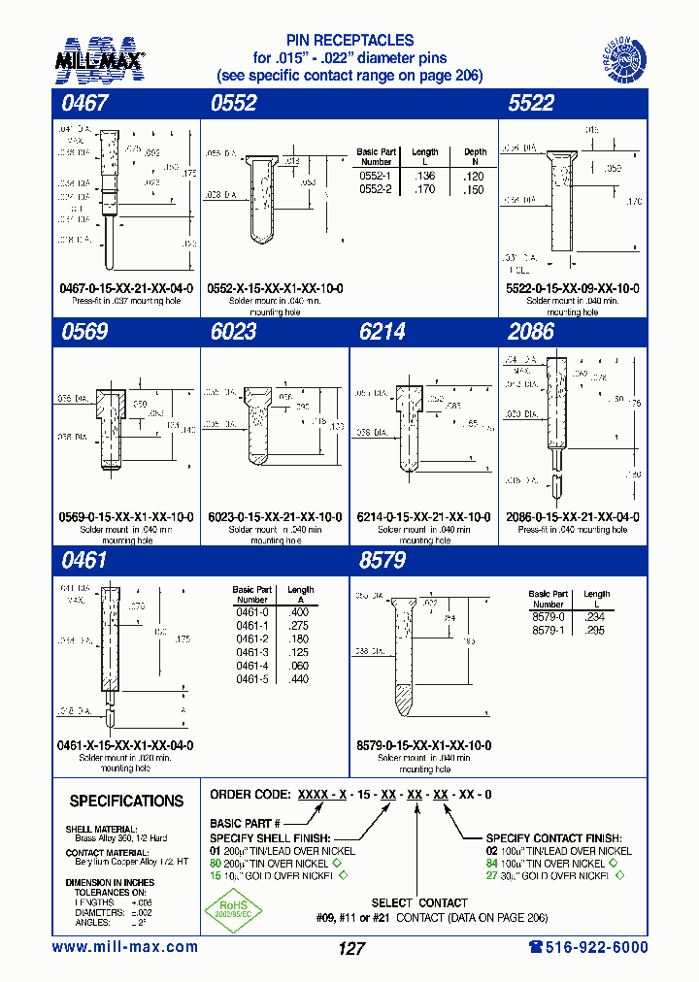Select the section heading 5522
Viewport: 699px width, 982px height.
pyautogui.click(x=531, y=104)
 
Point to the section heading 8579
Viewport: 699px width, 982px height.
pyautogui.click(x=382, y=561)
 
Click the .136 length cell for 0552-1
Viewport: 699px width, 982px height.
pyautogui.click(x=424, y=176)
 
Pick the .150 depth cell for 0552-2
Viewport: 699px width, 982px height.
pyautogui.click(x=475, y=190)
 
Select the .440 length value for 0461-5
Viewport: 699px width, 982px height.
pyautogui.click(x=300, y=679)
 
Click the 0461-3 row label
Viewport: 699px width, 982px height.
pyautogui.click(x=251, y=653)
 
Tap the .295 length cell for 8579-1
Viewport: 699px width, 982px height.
pyautogui.click(x=595, y=630)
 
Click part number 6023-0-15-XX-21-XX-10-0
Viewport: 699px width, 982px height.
pyautogui.click(x=275, y=517)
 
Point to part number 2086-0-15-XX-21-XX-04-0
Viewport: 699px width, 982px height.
pyautogui.click(x=573, y=517)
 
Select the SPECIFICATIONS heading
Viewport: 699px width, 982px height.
pyautogui.click(x=126, y=802)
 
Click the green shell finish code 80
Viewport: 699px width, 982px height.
pyautogui.click(x=216, y=864)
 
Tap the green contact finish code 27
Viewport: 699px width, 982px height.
pyautogui.click(x=492, y=876)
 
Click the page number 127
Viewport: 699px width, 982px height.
pyautogui.click(x=351, y=949)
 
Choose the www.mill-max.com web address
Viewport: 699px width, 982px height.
pyautogui.click(x=125, y=947)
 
